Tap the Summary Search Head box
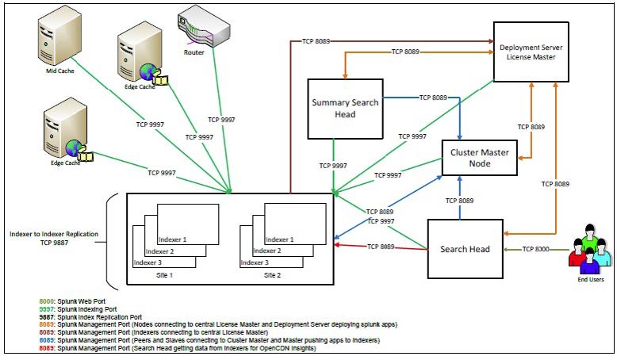[345, 109]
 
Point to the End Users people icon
[591, 247]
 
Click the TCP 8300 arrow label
[538, 250]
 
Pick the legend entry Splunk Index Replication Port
[90, 317]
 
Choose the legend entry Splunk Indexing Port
[79, 310]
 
